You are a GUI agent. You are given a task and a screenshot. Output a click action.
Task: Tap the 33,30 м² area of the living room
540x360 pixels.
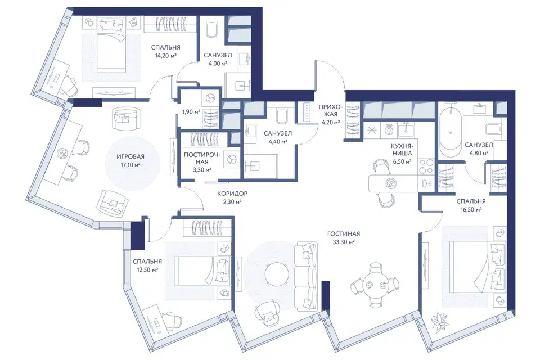[343, 242]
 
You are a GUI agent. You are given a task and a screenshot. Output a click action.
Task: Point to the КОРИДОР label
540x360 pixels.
[232, 194]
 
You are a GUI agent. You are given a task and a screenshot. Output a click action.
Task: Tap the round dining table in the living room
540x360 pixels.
[375, 285]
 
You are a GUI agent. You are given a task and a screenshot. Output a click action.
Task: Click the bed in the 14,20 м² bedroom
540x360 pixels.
[110, 46]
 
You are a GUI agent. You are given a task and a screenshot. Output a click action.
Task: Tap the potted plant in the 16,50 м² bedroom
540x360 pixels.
[439, 323]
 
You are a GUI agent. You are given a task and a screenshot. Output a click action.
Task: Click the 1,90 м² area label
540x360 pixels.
[191, 111]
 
